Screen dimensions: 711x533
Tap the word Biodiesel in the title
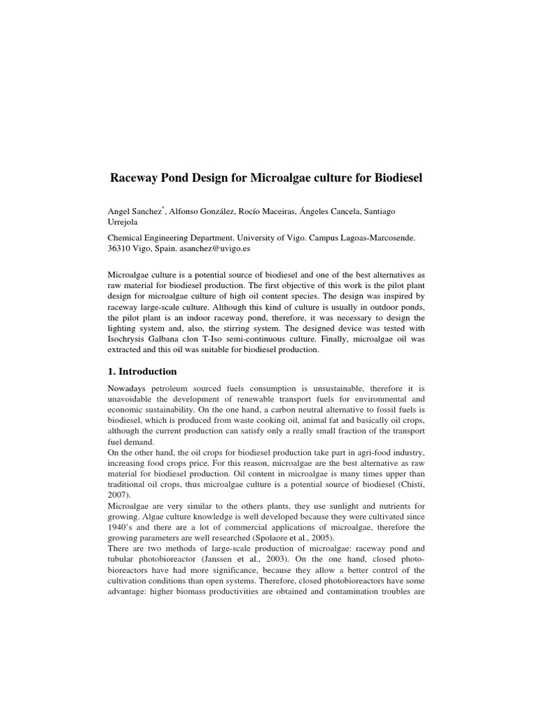pyautogui.click(x=389, y=178)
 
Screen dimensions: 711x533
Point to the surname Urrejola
pyautogui.click(x=126, y=223)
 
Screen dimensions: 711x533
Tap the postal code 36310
pyautogui.click(x=123, y=248)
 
